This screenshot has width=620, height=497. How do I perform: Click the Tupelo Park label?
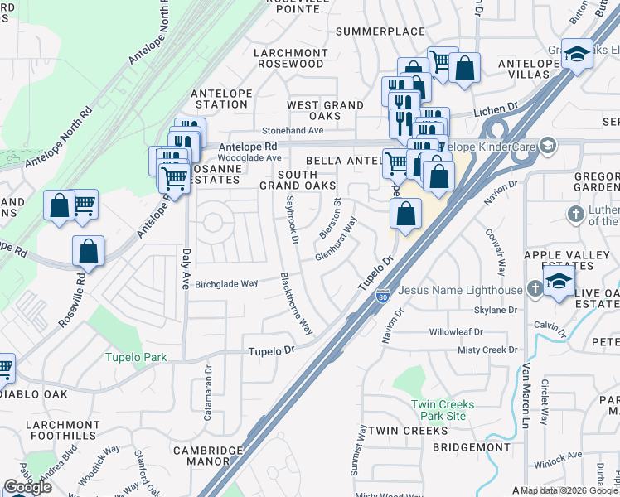[x=135, y=358]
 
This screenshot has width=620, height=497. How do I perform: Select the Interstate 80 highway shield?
[x=382, y=296]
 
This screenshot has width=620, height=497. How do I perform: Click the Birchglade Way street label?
[x=225, y=283]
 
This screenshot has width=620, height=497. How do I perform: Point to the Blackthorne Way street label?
[x=296, y=302]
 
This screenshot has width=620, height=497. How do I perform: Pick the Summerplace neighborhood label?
[x=380, y=31]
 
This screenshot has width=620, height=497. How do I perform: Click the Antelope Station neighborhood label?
[x=219, y=99]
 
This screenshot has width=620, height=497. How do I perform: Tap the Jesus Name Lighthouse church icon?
[x=535, y=290]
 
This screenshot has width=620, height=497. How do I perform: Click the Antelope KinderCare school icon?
[x=546, y=146]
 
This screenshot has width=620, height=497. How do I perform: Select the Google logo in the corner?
[x=28, y=487]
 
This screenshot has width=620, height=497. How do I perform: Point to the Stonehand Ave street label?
[x=293, y=131]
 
